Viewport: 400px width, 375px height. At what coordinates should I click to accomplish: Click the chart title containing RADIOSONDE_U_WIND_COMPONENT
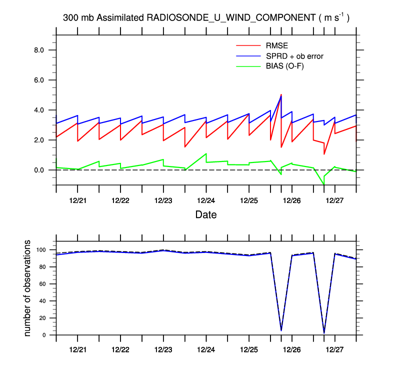[x=206, y=18]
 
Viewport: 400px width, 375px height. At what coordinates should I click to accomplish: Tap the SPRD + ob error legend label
[x=294, y=56]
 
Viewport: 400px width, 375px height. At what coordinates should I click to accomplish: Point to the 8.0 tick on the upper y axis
[x=39, y=50]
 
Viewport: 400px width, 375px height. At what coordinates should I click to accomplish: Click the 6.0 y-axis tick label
[x=39, y=80]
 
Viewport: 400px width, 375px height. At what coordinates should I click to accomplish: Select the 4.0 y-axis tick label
[x=39, y=110]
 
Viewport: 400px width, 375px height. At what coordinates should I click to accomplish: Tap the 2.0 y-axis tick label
[x=39, y=140]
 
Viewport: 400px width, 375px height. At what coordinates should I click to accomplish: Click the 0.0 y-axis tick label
[x=39, y=170]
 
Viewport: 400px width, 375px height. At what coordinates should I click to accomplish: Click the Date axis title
[x=206, y=215]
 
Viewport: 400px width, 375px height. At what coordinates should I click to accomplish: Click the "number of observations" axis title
[x=28, y=288]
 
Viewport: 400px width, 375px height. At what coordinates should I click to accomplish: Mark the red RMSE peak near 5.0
[x=281, y=94]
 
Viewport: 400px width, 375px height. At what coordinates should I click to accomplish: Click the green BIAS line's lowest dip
[x=324, y=184]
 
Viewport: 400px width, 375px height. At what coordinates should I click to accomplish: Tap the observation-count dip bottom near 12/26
[x=281, y=330]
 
